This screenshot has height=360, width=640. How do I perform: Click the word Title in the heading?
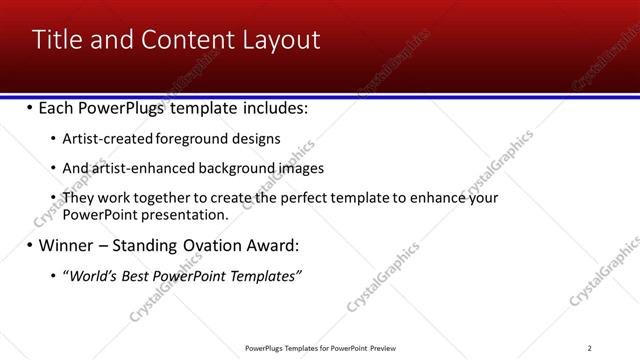(59, 40)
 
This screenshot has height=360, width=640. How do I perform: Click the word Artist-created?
(102, 139)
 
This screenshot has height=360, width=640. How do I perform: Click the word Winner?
(67, 246)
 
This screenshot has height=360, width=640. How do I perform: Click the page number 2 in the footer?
(590, 348)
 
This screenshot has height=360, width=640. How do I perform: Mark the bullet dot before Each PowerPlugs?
(30, 108)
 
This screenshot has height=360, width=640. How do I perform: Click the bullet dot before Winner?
(30, 246)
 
